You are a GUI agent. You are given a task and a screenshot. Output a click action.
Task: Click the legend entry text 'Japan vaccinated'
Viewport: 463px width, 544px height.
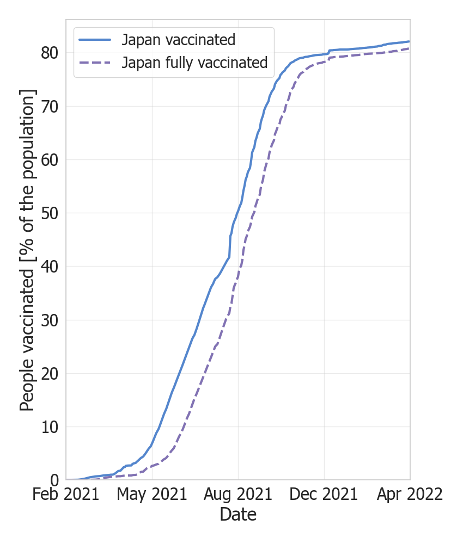179,40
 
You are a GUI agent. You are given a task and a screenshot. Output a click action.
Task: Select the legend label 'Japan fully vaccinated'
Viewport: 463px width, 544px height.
194,63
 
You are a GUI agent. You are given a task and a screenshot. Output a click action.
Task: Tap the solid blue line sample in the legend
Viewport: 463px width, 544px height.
95,40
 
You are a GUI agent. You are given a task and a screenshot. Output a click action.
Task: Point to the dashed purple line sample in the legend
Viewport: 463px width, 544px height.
95,63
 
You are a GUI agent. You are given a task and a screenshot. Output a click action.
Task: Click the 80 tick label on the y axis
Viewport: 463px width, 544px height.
49,53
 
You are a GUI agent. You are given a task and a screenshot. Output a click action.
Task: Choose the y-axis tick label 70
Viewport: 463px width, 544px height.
49,106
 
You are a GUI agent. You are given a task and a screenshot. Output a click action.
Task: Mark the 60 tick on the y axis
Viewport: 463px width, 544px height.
49,159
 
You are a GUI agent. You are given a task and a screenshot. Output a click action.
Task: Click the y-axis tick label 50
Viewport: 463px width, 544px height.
49,213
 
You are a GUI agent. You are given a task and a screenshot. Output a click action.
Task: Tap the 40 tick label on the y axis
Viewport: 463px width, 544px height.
49,266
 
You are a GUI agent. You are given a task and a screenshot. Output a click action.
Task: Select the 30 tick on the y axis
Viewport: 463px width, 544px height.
49,320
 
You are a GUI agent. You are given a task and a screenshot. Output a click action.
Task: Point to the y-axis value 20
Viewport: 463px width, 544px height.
49,373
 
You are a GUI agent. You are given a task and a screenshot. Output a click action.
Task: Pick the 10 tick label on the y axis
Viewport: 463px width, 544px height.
49,426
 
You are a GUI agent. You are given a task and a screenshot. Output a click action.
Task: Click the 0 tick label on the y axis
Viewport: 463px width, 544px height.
54,480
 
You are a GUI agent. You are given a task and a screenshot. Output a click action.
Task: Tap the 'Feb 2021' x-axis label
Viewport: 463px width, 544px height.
66,495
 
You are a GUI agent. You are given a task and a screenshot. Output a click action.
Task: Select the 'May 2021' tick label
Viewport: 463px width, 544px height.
152,495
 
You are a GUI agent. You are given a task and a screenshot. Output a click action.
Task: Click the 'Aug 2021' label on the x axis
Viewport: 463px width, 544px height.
238,495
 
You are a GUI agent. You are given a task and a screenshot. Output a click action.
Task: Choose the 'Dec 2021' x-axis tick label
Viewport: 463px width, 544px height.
324,495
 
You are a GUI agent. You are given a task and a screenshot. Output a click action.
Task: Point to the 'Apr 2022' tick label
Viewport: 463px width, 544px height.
410,495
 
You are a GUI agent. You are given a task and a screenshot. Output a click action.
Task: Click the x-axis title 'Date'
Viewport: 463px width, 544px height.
238,514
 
